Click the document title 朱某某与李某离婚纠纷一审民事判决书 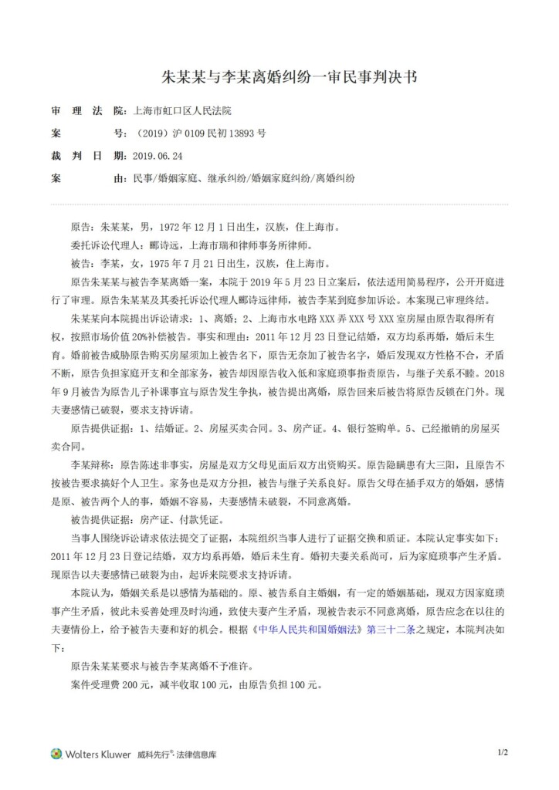pyautogui.click(x=279, y=78)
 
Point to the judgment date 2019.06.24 pyautogui.click(x=158, y=156)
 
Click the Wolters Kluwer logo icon pyautogui.click(x=56, y=753)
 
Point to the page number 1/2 pyautogui.click(x=503, y=752)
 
